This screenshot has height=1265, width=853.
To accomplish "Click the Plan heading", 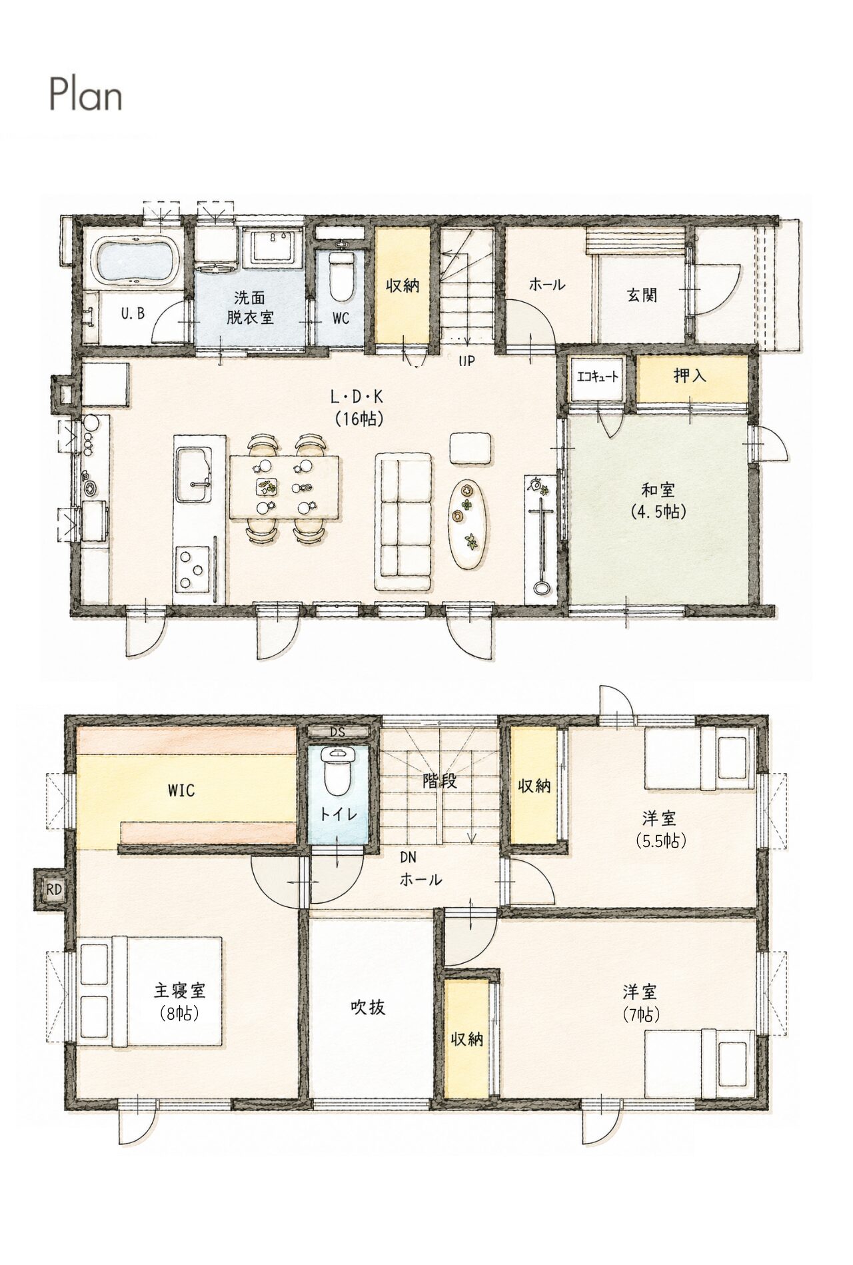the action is [x=86, y=95].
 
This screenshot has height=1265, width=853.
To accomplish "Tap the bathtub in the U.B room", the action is [x=139, y=259].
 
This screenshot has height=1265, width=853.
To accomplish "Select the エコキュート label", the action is [x=597, y=377].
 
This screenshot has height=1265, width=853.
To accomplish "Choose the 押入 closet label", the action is [x=689, y=376].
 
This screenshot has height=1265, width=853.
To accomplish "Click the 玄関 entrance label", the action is [x=642, y=295].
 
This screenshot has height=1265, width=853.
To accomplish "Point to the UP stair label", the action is [x=466, y=362].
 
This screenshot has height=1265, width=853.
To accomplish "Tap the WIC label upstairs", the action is [x=181, y=790].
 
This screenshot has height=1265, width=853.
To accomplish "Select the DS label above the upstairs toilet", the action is [x=338, y=731].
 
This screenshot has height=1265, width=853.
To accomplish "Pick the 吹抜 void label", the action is [x=368, y=1007].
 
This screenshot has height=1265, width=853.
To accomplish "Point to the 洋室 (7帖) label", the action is [x=640, y=1002].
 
